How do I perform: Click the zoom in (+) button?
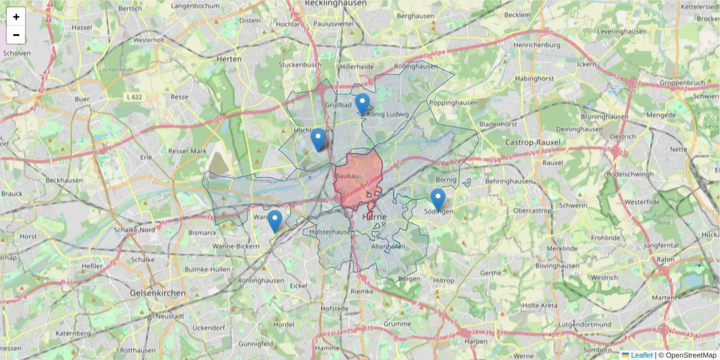(x=16, y=17)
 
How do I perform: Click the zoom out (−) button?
(x=16, y=35)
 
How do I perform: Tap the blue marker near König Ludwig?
(x=362, y=104)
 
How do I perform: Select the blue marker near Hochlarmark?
(x=318, y=139)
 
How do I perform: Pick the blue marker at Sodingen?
(x=438, y=199)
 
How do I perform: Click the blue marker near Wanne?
(x=275, y=221)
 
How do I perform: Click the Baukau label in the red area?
(x=348, y=176)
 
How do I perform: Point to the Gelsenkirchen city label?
(x=158, y=293)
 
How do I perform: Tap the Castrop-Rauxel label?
(x=532, y=142)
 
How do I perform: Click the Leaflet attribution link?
(x=641, y=355)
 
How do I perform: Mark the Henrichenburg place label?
(x=536, y=45)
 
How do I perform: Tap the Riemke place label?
(x=362, y=291)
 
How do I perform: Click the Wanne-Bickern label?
(x=236, y=247)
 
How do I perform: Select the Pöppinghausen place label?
(x=454, y=103)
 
